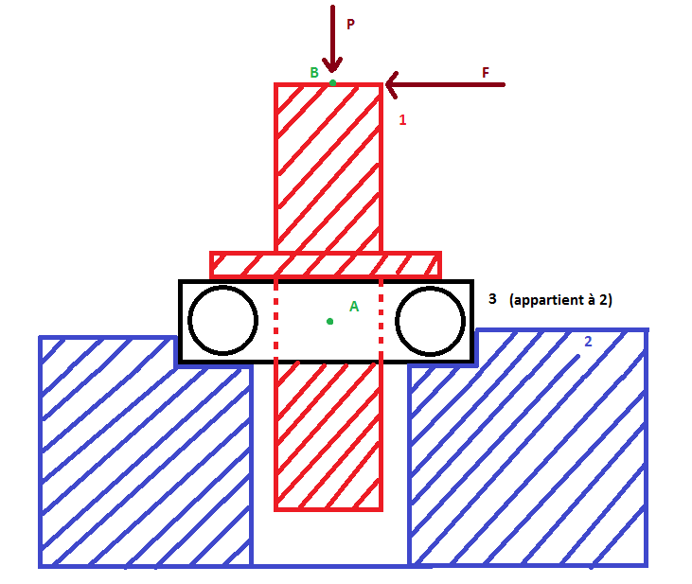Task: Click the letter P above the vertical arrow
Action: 350,25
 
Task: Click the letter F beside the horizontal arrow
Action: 486,72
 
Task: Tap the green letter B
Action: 314,73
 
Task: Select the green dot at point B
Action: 332,83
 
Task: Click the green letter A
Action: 354,307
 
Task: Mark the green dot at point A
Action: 329,322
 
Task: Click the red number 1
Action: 402,120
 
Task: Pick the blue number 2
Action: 588,342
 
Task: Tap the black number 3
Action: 492,299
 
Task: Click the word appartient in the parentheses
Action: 549,300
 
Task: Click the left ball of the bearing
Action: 222,320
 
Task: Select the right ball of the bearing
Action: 430,320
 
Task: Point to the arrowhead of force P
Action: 330,66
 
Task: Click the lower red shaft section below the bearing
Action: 328,435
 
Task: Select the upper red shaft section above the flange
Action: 328,166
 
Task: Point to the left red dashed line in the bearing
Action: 275,322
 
